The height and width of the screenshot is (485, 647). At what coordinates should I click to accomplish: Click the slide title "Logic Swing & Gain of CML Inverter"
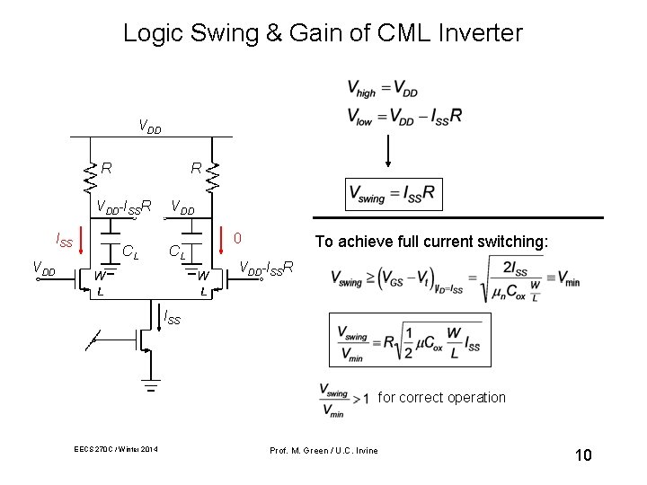(x=323, y=34)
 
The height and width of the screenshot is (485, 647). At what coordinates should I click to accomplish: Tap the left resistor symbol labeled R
(x=90, y=176)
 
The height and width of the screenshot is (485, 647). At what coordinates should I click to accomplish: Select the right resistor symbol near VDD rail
(x=213, y=176)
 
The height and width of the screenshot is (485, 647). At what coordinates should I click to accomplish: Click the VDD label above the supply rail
(x=149, y=127)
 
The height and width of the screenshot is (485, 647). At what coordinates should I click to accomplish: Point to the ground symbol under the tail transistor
(x=151, y=388)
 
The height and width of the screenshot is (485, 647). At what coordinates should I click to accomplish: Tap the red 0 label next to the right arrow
(x=237, y=239)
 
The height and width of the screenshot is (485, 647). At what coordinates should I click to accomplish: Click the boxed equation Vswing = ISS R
(x=393, y=193)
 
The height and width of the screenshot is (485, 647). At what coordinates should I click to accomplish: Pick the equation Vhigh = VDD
(x=382, y=89)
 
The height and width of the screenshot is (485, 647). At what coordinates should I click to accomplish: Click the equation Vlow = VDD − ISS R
(x=404, y=117)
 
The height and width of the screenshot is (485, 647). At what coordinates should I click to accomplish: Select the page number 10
(x=582, y=455)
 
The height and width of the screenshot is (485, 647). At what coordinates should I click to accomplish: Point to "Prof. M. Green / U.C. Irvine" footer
(x=324, y=449)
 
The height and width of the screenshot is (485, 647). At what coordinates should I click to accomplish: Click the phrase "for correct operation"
(x=441, y=397)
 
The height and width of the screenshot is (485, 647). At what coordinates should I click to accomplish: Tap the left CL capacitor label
(x=131, y=252)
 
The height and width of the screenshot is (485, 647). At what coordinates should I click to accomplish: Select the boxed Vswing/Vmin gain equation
(x=410, y=339)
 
